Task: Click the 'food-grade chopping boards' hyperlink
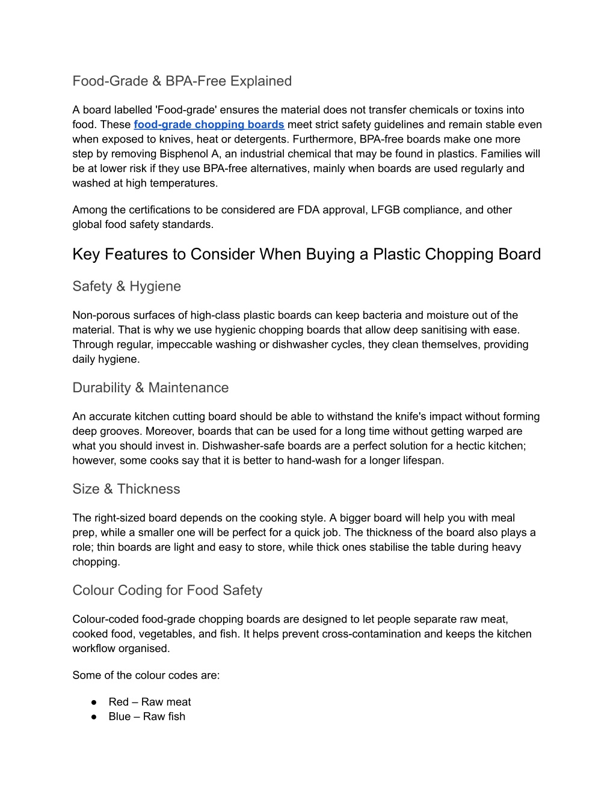coord(209,125)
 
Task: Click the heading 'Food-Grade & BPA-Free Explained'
coord(182,81)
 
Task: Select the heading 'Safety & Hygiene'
coord(126,286)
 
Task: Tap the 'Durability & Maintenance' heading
coord(150,387)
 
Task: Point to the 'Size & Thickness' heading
coord(126,488)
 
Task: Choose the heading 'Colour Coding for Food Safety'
coord(167,590)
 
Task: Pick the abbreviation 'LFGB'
coord(385,209)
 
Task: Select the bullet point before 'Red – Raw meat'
coord(94,702)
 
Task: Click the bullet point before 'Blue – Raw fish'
coord(94,716)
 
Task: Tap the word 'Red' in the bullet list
coord(119,702)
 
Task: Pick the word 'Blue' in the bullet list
coord(120,716)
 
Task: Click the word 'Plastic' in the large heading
coord(398,254)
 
